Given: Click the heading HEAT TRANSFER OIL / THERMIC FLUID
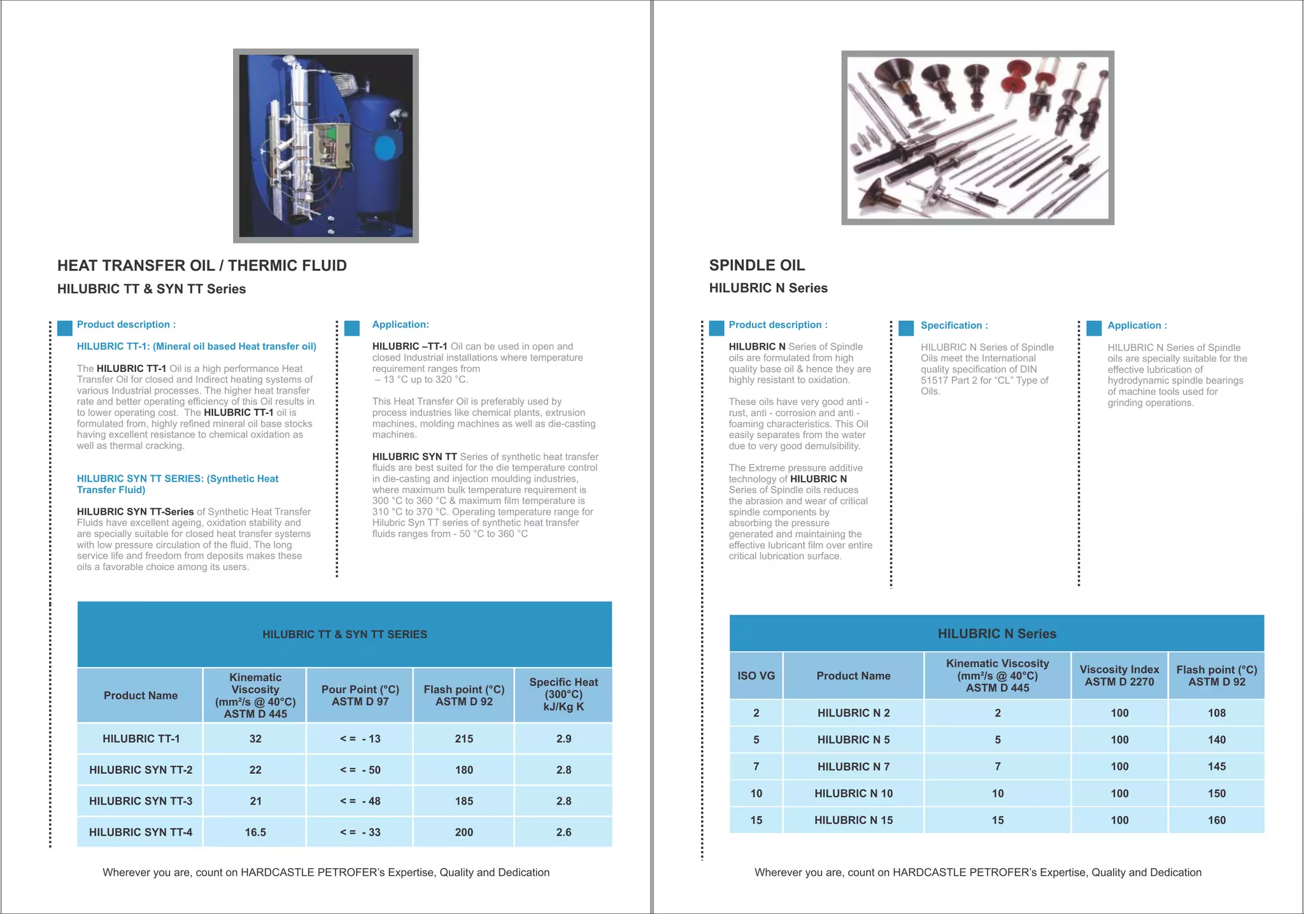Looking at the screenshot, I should click(202, 266).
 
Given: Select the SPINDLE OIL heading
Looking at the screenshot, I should click(757, 265).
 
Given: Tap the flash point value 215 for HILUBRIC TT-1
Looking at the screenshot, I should click(464, 739).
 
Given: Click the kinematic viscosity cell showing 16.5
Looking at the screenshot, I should click(255, 832).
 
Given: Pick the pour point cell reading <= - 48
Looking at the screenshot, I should click(360, 801).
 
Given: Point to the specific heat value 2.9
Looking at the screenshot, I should click(563, 739).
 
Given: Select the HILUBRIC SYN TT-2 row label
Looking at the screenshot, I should click(141, 770).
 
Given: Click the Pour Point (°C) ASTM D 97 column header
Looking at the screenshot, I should click(360, 696).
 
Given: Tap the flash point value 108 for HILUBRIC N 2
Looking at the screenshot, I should click(1216, 713).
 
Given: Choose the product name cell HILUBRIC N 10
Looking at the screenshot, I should click(853, 794).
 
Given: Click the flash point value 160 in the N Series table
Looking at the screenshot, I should click(1216, 820).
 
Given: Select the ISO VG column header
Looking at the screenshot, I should click(756, 676).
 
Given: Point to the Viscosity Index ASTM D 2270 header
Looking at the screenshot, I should click(1119, 676).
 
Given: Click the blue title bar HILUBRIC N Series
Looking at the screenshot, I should click(996, 634).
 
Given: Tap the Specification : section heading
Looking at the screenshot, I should click(954, 325).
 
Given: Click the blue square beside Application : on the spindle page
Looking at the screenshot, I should click(1094, 328).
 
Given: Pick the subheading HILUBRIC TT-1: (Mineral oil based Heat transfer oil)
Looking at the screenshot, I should click(196, 346).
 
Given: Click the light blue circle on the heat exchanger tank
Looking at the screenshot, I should click(385, 148).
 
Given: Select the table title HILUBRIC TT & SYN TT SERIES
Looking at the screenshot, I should click(344, 634).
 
